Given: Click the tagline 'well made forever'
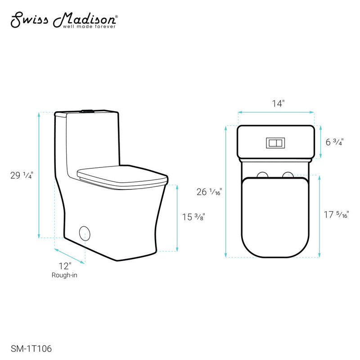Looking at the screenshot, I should pos(93,27).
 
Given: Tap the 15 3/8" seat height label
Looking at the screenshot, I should pos(193,217).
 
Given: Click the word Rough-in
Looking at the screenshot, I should pos(65,275).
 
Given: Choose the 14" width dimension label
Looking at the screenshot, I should pos(276,103).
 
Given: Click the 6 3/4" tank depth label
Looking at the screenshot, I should pos(334,142).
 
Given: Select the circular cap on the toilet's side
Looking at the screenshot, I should pos(85,234).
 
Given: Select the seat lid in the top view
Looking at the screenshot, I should pos(276,216).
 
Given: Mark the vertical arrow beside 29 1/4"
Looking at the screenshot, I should pos(40,175).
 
